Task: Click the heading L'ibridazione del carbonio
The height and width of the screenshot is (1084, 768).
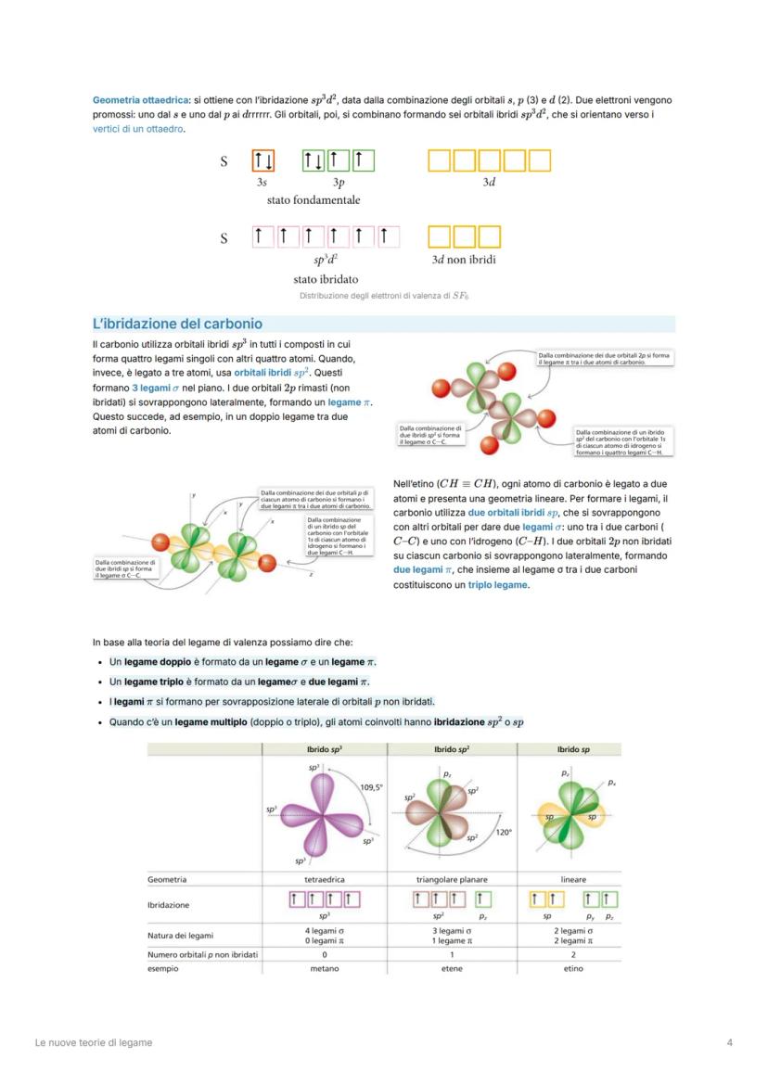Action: click(x=177, y=324)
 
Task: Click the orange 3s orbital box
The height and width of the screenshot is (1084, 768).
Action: click(x=262, y=161)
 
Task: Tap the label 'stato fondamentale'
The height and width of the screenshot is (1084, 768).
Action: click(x=314, y=200)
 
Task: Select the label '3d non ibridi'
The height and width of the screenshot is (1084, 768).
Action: click(x=464, y=260)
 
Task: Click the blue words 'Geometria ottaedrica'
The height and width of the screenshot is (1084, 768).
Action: click(x=135, y=99)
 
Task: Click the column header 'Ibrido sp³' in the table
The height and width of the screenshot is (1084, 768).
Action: click(x=325, y=749)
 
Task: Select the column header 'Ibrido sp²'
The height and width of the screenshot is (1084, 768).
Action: click(x=452, y=749)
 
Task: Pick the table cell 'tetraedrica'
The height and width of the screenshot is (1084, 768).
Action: click(x=325, y=879)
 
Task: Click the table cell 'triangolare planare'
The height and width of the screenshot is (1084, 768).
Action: click(x=452, y=879)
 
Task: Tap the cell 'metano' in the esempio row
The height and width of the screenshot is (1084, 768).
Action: click(x=325, y=969)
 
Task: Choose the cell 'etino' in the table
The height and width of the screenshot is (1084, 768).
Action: click(x=573, y=969)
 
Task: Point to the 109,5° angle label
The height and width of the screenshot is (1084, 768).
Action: click(x=371, y=787)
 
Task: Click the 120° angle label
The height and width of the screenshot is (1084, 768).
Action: click(x=504, y=833)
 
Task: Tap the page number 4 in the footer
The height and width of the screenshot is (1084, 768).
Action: click(x=729, y=1042)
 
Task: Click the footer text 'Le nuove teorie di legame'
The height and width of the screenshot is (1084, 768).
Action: click(x=94, y=1042)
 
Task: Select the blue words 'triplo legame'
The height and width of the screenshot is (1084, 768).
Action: click(x=497, y=585)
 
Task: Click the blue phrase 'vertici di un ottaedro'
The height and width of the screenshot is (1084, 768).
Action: click(x=137, y=128)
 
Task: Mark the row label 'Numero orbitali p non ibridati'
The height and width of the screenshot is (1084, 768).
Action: click(x=202, y=954)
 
